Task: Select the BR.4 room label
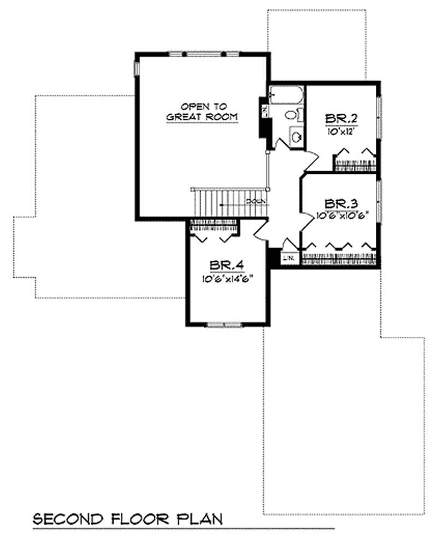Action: (228, 266)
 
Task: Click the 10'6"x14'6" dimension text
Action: (228, 278)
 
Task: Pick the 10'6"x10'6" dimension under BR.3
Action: (340, 215)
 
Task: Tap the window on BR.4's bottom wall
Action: (223, 324)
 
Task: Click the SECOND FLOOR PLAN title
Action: (128, 518)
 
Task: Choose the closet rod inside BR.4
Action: (214, 224)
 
